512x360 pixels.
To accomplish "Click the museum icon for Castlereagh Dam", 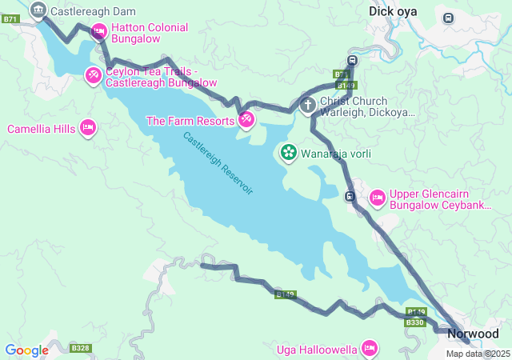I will pos(38,10).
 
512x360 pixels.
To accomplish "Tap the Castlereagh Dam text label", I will pos(93,11).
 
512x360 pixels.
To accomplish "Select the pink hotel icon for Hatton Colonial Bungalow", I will pos(99,32).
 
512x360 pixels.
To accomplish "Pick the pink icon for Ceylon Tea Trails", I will pos(94,76).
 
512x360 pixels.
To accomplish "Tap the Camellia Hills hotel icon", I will pos(88,128).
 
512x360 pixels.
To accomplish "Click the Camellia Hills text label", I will pos(42,129).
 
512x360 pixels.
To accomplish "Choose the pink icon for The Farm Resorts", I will pos(246,121).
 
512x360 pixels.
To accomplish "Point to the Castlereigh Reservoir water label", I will pos(218,164).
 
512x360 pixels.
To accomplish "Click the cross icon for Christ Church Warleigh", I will pos(307,106).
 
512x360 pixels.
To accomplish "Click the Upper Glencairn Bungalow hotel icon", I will pos(378,197).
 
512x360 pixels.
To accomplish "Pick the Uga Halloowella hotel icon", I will pos(369,348).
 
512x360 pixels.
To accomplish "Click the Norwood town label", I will pos(473,334).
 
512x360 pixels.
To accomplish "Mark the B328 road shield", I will pos(80,348).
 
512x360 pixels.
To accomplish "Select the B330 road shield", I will pos(414,322).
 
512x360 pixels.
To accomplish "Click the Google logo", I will pos(26,350).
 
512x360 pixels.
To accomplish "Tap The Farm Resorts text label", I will pos(190,121).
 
